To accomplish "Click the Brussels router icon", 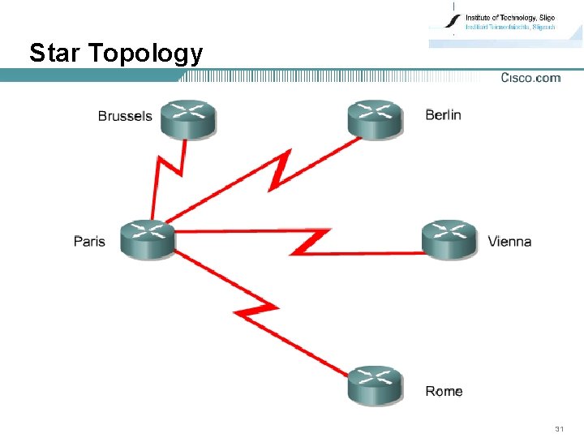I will pos(188,119).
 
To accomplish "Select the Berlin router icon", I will pos(375,118).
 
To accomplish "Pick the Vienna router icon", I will pos(449,239).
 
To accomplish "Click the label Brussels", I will pos(125,116).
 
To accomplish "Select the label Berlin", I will pos(443,114).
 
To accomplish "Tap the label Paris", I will pos(89,241).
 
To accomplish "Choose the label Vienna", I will pos(509,241).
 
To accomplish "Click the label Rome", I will pos(444,391).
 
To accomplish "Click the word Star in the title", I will pos(55,54).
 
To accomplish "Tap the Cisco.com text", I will pos(530,78).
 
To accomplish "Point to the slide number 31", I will pos(558,427).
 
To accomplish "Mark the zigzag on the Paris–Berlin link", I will pos(280,171).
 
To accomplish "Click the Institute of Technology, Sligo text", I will pos(510,17).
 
